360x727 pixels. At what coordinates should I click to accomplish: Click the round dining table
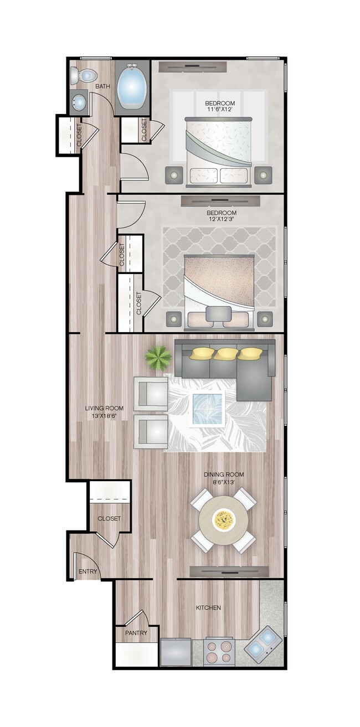[224, 520]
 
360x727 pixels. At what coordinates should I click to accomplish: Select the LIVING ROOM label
[104, 408]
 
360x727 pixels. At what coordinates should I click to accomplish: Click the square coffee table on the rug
[207, 409]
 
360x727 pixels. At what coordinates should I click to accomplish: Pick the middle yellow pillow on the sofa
[226, 353]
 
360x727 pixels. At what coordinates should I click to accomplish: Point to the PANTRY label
[136, 632]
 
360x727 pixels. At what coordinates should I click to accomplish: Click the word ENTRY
[88, 571]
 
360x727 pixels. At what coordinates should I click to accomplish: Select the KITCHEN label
[208, 607]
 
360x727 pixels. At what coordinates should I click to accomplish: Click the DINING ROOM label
[224, 475]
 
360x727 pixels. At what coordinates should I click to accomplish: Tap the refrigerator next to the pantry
[176, 652]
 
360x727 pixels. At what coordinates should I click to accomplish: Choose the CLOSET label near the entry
[109, 519]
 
